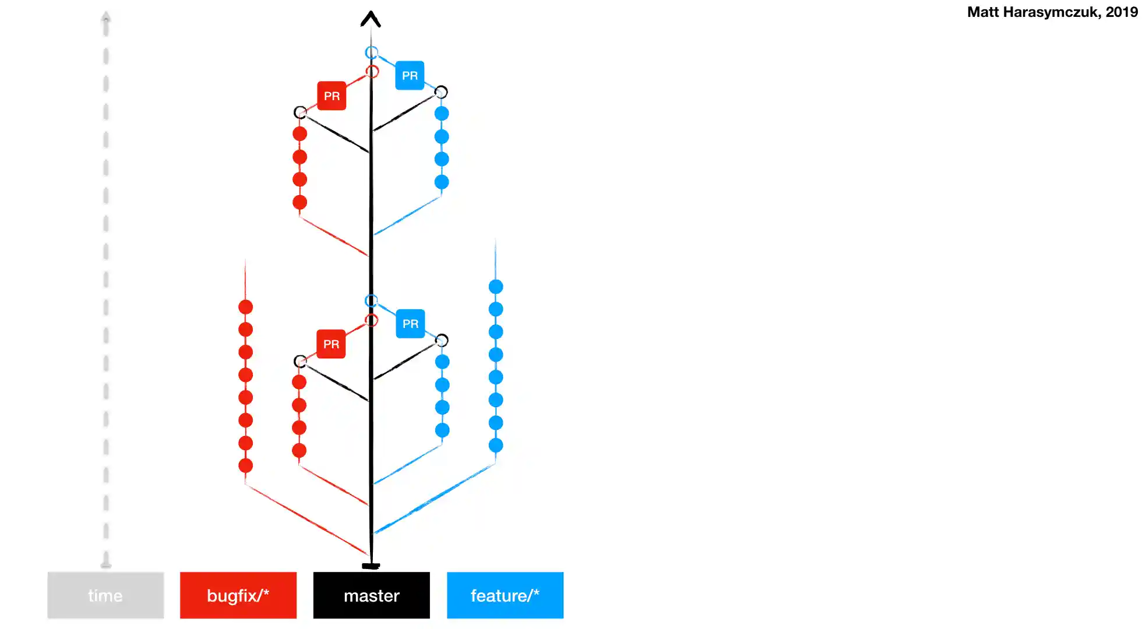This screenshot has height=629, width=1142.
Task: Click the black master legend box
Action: coord(371,595)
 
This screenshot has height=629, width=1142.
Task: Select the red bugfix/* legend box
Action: coord(238,595)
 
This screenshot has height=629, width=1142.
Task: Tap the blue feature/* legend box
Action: coord(505,595)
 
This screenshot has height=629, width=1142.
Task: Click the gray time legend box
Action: coord(105,595)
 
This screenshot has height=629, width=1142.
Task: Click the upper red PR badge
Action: coord(332,96)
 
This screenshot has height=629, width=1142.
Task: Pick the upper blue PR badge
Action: coord(410,75)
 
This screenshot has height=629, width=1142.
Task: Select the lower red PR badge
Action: coord(331,344)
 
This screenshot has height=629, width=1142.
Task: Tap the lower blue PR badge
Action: coord(410,323)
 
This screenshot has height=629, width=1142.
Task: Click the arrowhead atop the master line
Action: coord(371,19)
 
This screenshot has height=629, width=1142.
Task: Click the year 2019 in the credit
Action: coord(1122,12)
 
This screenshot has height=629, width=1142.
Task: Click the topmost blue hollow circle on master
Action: coord(371,52)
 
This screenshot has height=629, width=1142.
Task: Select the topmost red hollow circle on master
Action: coord(372,72)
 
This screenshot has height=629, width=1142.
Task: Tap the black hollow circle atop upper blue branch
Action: coord(441,92)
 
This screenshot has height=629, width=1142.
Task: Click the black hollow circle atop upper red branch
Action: coord(300,112)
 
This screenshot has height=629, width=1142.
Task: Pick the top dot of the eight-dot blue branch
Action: coord(496,287)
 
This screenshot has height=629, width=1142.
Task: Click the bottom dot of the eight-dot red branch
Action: coord(245,465)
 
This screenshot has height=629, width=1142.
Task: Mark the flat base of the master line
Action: coord(371,566)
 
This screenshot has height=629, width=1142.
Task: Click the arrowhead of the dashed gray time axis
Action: coord(105,16)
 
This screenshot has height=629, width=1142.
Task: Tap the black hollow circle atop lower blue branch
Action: coord(442,340)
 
